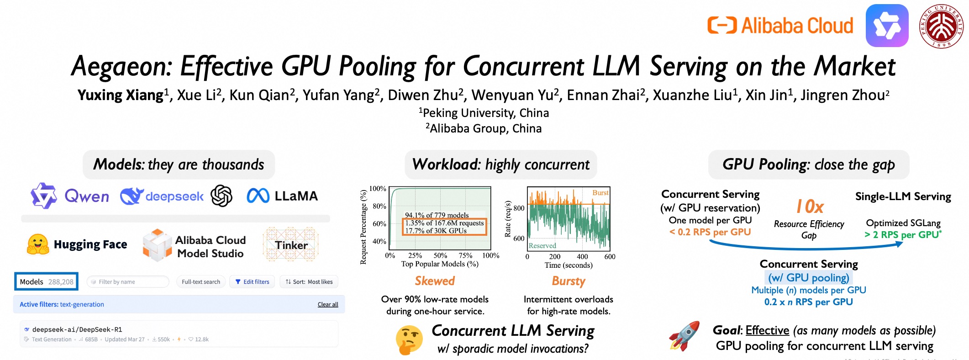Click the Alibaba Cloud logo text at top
796,26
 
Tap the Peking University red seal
941,26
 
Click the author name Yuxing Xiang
121,95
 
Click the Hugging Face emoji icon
38,244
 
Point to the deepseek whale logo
131,196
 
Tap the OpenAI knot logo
221,196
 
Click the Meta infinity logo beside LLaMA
258,196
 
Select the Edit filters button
252,282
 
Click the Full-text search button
201,282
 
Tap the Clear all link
328,305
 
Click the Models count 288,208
61,282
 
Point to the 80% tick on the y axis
379,206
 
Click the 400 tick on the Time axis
582,257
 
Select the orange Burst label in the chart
600,193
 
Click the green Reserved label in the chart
542,246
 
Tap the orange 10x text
810,207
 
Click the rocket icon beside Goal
684,336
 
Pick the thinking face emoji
408,340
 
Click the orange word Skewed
435,281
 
